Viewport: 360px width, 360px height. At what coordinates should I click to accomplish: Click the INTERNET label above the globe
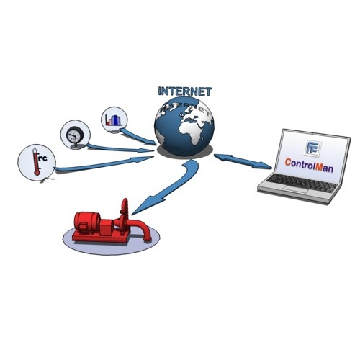pos(185,91)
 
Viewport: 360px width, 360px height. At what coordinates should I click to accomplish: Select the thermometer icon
pos(36,161)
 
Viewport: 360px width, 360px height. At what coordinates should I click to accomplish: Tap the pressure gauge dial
pos(75,135)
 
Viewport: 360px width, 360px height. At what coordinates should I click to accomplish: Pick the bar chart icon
pos(114,120)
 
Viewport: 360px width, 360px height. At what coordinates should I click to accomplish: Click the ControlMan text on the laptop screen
pos(309,166)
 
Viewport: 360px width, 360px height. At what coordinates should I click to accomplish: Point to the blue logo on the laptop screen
pos(313,148)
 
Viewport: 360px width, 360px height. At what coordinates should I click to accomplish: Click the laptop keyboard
pos(302,182)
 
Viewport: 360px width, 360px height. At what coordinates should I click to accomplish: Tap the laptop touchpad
pos(295,189)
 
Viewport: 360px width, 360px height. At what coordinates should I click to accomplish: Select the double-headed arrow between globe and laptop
pos(243,161)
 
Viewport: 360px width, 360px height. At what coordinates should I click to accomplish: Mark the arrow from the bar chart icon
pos(138,137)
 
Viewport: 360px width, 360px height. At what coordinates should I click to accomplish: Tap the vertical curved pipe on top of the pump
pos(125,209)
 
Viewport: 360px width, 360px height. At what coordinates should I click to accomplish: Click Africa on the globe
pos(192,132)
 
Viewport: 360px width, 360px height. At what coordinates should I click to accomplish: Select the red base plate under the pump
pos(101,237)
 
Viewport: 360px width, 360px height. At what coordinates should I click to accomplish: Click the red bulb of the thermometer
pos(37,172)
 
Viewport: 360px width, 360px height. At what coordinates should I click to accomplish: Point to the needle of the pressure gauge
pos(72,135)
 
